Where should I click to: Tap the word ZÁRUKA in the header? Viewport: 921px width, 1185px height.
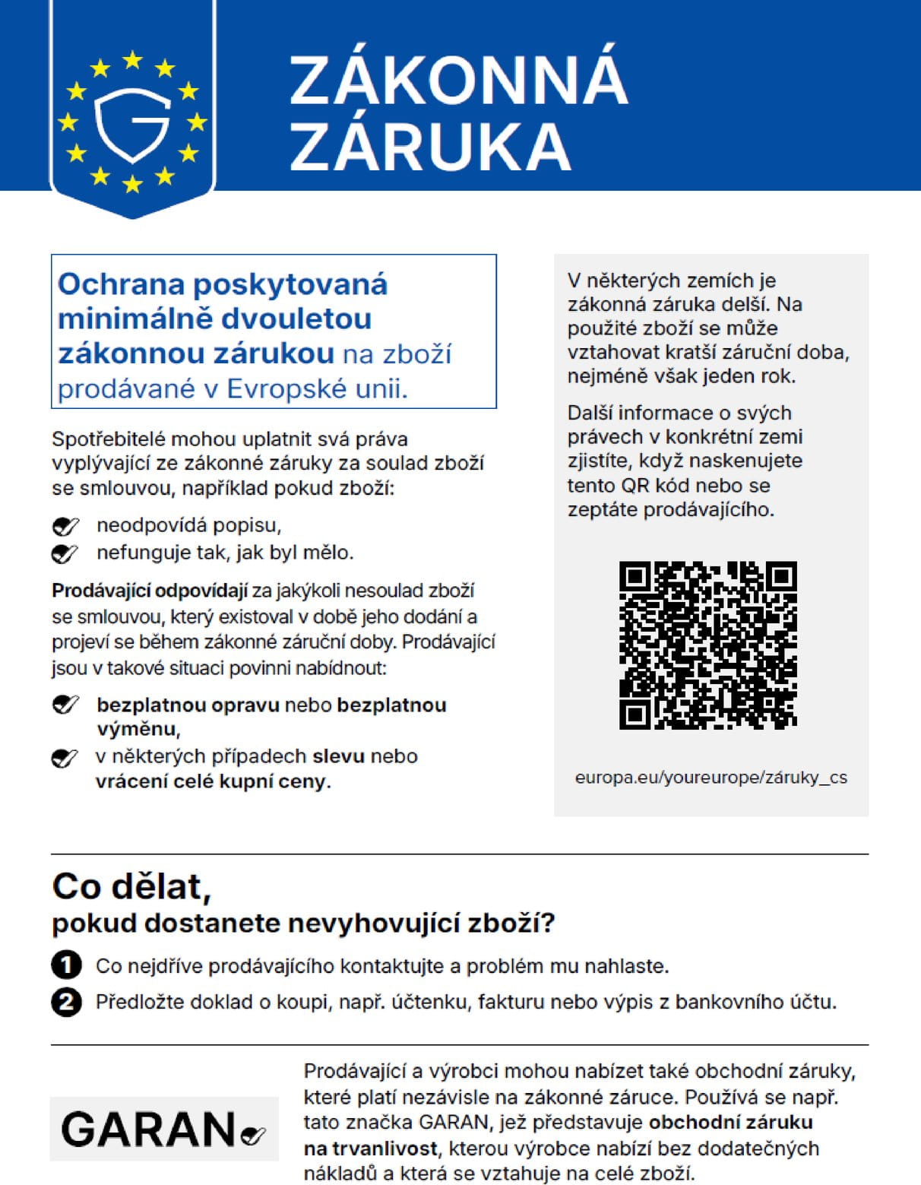pyautogui.click(x=430, y=145)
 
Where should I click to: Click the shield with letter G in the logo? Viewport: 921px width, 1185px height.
pyautogui.click(x=132, y=124)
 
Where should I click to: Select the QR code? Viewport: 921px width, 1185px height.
pyautogui.click(x=707, y=645)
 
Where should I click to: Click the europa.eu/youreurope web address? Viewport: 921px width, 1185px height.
pyautogui.click(x=711, y=778)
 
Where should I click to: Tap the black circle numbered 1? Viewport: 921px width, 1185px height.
pyautogui.click(x=66, y=965)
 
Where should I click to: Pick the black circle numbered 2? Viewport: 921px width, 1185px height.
pyautogui.click(x=66, y=1002)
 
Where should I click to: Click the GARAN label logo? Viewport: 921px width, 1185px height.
pyautogui.click(x=163, y=1129)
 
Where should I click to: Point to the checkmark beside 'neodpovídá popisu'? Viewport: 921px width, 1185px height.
pyautogui.click(x=65, y=526)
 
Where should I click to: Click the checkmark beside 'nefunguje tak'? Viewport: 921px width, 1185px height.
pyautogui.click(x=65, y=553)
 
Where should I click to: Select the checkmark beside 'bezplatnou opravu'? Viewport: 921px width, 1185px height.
pyautogui.click(x=65, y=705)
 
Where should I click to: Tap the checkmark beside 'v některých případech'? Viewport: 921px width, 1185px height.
pyautogui.click(x=65, y=758)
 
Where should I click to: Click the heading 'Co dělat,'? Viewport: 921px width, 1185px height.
pyautogui.click(x=131, y=886)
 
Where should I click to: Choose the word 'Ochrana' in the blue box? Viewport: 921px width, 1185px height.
pyautogui.click(x=121, y=284)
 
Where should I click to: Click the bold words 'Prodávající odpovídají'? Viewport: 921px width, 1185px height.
pyautogui.click(x=150, y=591)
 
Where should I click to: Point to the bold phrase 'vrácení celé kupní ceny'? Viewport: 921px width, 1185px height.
pyautogui.click(x=211, y=781)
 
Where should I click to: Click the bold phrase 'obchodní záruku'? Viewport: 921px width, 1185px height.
pyautogui.click(x=730, y=1122)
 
